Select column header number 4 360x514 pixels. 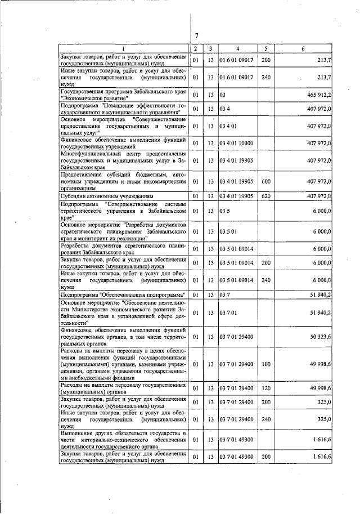[x=238, y=48]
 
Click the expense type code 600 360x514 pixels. [x=266, y=181]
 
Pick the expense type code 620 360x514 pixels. [x=266, y=195]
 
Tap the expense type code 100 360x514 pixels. [x=266, y=365]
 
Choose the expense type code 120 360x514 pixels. [x=266, y=388]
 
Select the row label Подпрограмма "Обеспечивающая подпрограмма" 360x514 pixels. [x=123, y=294]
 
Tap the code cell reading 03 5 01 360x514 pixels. [x=227, y=231]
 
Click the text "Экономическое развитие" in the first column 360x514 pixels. [x=92, y=97]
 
